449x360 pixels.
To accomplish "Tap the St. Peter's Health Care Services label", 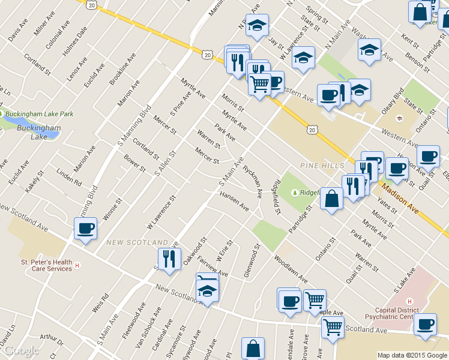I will [x=46, y=265].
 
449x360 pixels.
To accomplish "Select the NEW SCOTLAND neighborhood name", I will [x=137, y=242].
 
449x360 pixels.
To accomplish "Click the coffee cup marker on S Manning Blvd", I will [x=85, y=229].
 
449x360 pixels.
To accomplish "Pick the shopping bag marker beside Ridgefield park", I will [x=331, y=199].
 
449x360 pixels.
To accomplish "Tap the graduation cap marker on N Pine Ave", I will [x=257, y=25].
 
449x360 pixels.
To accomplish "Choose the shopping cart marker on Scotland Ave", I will [x=332, y=328].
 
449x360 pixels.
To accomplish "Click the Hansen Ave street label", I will [x=234, y=201].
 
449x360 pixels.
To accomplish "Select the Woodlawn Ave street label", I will [x=291, y=270].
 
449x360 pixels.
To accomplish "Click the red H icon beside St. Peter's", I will [x=77, y=266].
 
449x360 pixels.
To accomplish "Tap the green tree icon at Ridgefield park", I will [x=295, y=193].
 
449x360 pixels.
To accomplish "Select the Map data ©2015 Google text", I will [x=412, y=355].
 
